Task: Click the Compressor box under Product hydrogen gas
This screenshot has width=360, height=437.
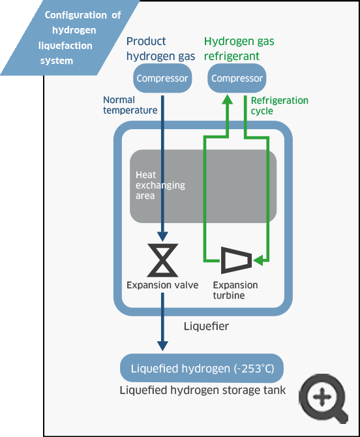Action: coord(162,78)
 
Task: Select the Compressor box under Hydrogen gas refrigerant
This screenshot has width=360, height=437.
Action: coord(237,78)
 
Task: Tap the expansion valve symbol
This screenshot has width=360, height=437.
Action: coord(163,260)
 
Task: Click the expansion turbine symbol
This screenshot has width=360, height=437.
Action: coord(237,260)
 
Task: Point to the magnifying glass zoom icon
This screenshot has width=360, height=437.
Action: coord(323,399)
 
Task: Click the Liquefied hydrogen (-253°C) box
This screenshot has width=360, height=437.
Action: coord(202,368)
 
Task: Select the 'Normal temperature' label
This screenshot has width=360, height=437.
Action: coord(130,105)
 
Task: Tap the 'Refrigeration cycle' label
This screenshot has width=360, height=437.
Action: coord(280,106)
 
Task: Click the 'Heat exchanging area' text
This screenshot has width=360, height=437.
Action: coord(160,185)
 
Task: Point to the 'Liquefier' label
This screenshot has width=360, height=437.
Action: coord(206,326)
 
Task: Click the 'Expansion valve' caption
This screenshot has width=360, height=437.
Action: coord(162,285)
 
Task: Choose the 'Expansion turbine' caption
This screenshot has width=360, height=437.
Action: coord(235,290)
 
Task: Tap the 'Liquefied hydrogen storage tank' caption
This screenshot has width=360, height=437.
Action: coord(203,390)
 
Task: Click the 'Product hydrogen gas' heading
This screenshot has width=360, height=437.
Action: coord(161,49)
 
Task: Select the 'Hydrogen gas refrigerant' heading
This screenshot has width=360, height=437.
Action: coord(239,49)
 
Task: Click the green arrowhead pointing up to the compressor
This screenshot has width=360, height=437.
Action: coord(228,100)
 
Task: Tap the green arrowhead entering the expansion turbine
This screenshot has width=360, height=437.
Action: coord(258,260)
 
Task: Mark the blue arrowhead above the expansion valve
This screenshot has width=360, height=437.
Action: coord(163,237)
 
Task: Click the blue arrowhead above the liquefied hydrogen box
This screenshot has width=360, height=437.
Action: coord(163,346)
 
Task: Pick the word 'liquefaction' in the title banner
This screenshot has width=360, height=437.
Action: coord(65,46)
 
